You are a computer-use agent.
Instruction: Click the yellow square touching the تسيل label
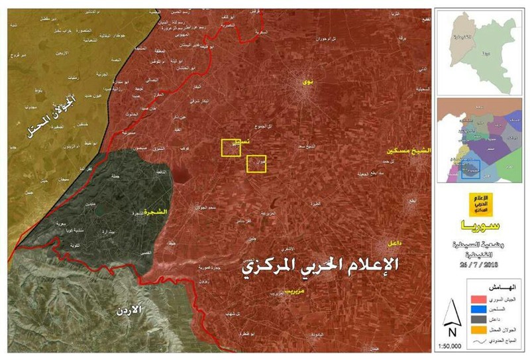(x=231, y=148)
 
